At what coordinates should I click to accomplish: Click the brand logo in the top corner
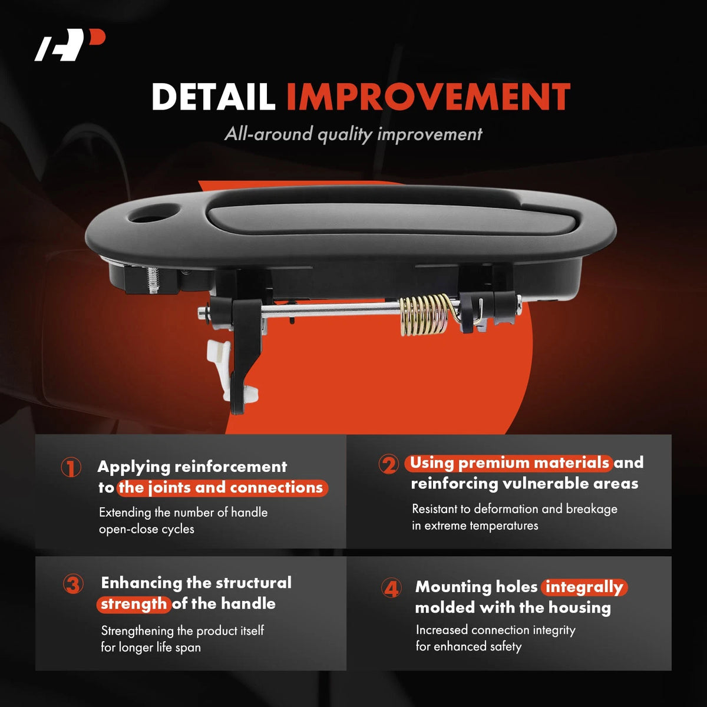coord(70,45)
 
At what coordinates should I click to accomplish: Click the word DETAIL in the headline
coord(213,96)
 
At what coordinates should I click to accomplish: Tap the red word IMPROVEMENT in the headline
coord(428,96)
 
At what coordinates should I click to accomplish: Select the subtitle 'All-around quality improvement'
coord(353,134)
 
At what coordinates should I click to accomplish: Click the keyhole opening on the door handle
coord(154,213)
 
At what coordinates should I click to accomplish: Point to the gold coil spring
coord(425,313)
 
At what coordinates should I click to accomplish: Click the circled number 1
coord(71,467)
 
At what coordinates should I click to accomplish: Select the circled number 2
coord(388,464)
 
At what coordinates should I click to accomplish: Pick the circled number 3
coord(73,584)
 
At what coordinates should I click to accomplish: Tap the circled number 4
coord(391,589)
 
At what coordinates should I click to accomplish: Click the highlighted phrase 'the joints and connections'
coord(222,488)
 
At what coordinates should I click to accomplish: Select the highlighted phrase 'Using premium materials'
coord(508,464)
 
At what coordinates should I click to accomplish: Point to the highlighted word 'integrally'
coord(584,587)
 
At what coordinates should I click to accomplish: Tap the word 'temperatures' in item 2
coord(504,526)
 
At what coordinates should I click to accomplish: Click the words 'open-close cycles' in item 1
coord(146,529)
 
